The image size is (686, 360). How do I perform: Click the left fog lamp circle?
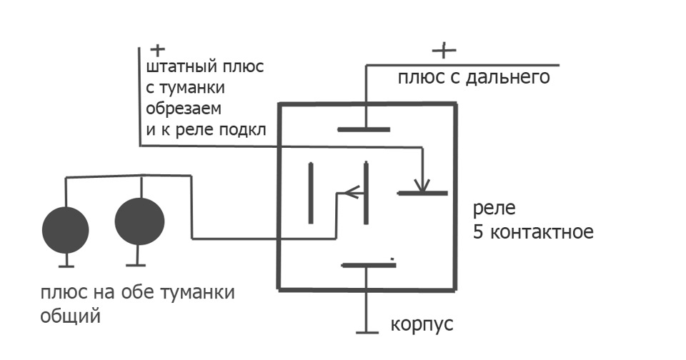click(x=66, y=230)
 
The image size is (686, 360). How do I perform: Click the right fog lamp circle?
click(x=139, y=221)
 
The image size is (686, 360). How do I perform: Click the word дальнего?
click(x=507, y=77)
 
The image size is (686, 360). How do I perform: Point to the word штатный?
click(x=182, y=67)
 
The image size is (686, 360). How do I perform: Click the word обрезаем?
click(x=184, y=108)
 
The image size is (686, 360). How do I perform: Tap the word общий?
click(x=71, y=316)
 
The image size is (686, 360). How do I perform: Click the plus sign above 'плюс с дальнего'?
click(x=444, y=50)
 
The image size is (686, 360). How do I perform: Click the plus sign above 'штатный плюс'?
click(x=157, y=50)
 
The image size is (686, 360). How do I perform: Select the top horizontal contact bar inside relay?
click(x=364, y=129)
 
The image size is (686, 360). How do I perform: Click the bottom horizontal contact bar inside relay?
click(x=369, y=265)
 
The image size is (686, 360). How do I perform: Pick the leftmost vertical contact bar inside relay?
click(x=311, y=193)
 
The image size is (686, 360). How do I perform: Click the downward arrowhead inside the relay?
click(x=422, y=186)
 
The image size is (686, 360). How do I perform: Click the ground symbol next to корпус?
click(x=367, y=332)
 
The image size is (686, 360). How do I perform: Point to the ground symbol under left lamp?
click(x=66, y=266)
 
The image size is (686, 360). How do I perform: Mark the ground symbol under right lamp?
click(x=136, y=264)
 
